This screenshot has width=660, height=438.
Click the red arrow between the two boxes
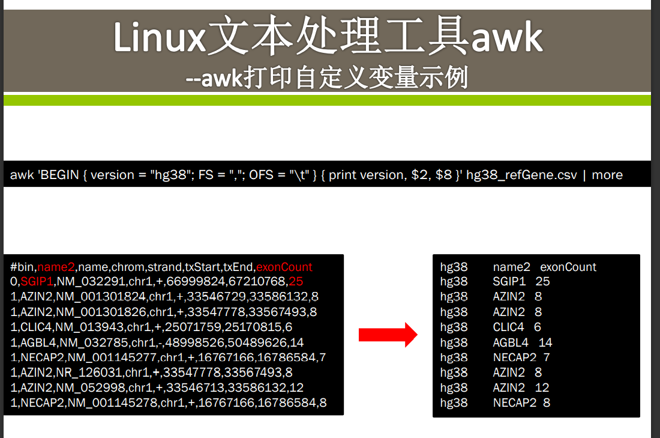coord(388,335)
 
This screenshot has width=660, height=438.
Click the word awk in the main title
coord(506,37)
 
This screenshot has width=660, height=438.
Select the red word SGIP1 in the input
coord(37,281)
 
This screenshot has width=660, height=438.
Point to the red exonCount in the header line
coord(284,267)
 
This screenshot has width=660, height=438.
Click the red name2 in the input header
coord(56,267)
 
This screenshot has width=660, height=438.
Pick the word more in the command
coord(607,175)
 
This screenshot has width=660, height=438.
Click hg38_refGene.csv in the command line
coord(521,175)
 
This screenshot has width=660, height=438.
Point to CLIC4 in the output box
coord(508,327)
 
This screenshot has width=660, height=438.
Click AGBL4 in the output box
coord(511,342)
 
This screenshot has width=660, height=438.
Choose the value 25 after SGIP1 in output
coord(543,281)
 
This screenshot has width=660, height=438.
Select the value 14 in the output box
coord(545,342)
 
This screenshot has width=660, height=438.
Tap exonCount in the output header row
coord(568,267)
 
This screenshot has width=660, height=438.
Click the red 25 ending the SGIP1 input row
coord(295,281)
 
